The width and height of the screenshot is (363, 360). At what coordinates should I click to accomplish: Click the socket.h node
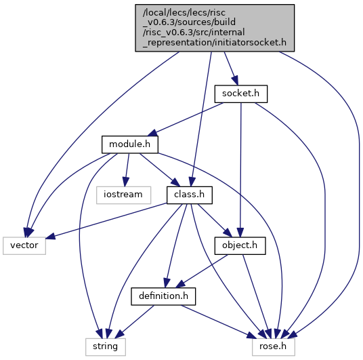pos(241,94)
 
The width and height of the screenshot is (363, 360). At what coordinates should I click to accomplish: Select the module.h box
pos(130,144)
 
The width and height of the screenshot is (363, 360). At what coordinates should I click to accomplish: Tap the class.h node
pos(190,195)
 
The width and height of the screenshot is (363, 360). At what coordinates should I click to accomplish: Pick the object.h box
pos(240,245)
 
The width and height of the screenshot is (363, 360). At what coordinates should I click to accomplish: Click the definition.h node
pos(163,296)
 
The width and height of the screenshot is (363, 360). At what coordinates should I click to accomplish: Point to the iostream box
pos(123,195)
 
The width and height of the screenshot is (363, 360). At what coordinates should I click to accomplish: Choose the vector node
pos(24,245)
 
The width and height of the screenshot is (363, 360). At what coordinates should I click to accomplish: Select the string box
pos(106,347)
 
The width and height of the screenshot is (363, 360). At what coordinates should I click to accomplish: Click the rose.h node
pos(274,347)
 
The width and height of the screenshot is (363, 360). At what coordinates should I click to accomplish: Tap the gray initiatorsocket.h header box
pos(215,28)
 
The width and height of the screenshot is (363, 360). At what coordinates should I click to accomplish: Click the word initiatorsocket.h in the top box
pos(251,43)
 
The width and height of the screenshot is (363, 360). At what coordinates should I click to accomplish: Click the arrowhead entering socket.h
pos(234,81)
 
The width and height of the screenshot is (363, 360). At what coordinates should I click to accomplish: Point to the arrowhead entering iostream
pos(125,182)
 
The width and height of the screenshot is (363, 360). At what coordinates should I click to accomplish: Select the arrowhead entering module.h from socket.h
pos(153,134)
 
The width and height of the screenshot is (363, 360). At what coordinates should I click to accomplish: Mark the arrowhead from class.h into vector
pos(51,236)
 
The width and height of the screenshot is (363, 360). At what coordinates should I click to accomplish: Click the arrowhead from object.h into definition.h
pos(181,284)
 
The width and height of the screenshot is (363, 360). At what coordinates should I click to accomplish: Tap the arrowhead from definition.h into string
pos(119,334)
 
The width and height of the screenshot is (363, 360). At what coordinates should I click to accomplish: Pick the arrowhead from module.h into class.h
pos(175,182)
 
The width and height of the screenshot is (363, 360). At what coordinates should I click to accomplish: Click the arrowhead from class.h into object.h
pos(227,233)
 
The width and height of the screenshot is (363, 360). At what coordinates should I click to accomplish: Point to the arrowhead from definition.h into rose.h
pos(252,335)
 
